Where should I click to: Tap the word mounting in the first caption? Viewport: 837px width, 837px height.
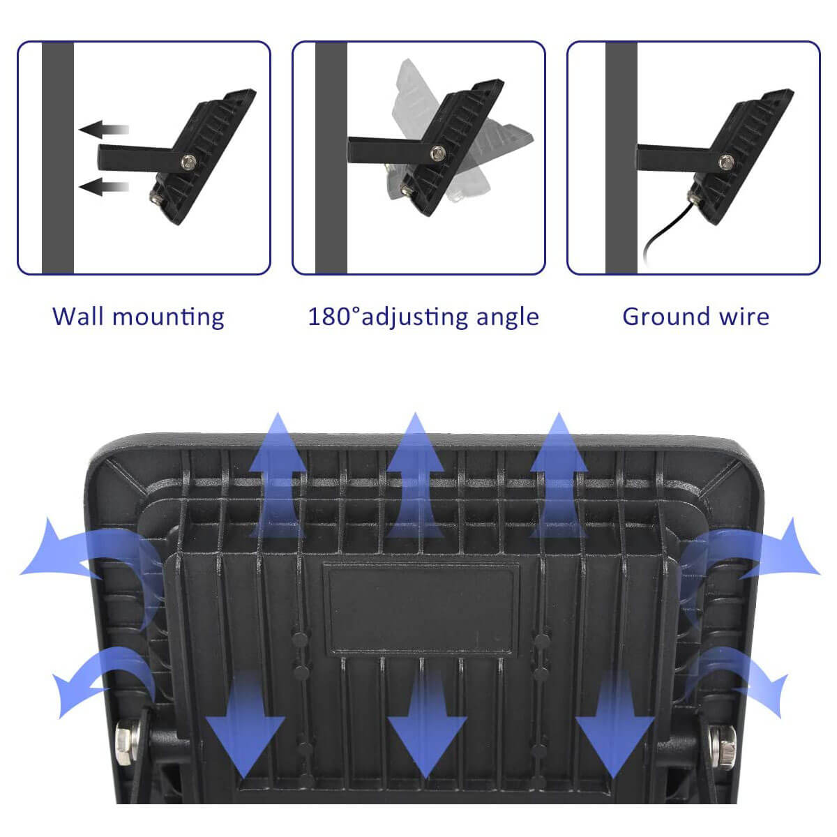click(169, 317)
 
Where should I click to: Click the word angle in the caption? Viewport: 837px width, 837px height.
click(507, 318)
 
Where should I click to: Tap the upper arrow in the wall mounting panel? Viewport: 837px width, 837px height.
click(104, 130)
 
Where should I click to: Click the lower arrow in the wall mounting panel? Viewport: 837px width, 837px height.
click(104, 187)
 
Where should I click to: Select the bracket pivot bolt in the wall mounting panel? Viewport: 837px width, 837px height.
click(188, 162)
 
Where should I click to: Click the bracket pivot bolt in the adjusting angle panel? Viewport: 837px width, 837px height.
click(437, 153)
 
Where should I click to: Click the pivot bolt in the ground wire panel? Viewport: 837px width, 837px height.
click(726, 162)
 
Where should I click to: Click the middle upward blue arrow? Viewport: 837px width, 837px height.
click(415, 476)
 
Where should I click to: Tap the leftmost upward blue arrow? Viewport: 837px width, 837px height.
click(277, 476)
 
